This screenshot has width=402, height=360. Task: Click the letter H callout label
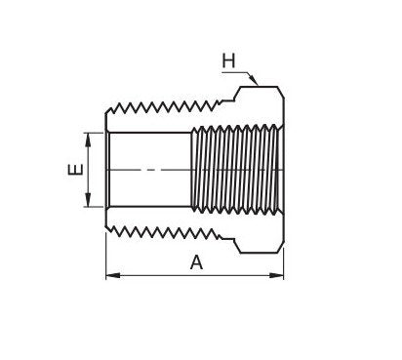click(x=229, y=60)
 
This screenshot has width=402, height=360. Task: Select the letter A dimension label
click(x=196, y=261)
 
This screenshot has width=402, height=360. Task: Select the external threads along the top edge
click(x=166, y=101)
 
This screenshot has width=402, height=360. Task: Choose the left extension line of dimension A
click(x=105, y=259)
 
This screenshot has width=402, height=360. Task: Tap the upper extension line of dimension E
click(x=95, y=132)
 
